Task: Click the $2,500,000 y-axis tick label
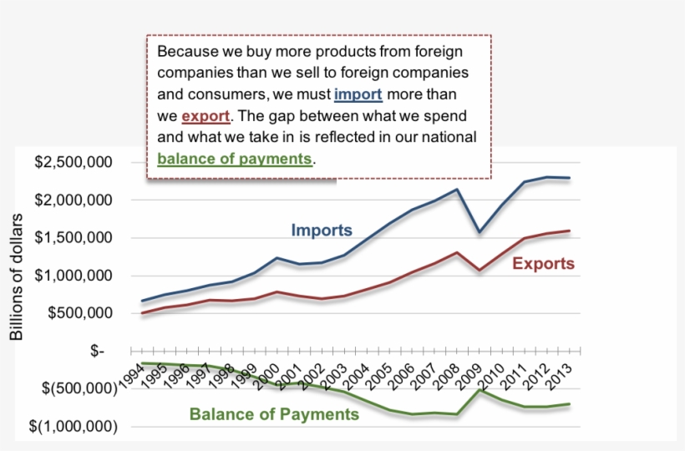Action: (73, 162)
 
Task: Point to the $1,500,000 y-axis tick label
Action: (73, 238)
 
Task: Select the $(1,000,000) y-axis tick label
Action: (73, 426)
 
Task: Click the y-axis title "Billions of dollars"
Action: (17, 276)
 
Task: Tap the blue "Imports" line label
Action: (322, 230)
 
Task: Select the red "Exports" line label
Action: (543, 264)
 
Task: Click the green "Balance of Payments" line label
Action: (274, 413)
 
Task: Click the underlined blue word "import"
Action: (358, 94)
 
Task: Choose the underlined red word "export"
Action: (205, 115)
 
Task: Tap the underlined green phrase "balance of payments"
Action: (235, 158)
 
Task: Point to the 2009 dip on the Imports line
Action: (479, 231)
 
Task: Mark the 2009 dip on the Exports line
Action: (479, 271)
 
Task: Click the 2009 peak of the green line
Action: (479, 389)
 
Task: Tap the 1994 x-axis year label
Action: (130, 372)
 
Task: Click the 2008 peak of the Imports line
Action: (457, 190)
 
